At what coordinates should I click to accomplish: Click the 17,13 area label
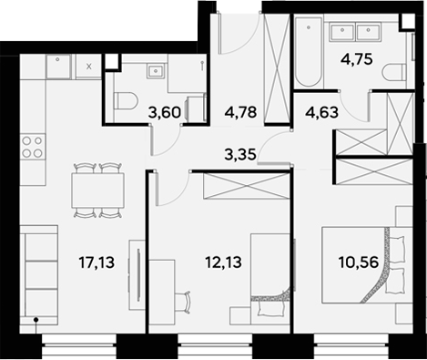tap(97, 263)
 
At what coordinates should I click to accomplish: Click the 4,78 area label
tap(240, 114)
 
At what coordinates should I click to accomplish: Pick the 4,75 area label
tap(357, 63)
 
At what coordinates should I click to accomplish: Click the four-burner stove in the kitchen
tap(33, 147)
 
